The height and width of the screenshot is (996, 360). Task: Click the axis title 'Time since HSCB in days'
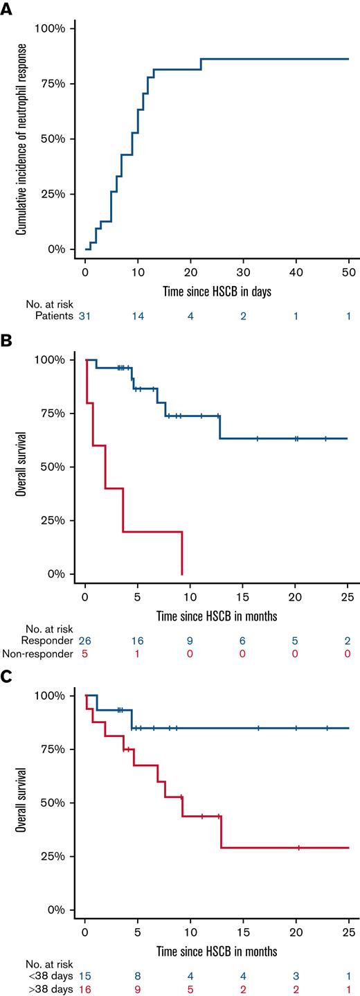217,291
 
